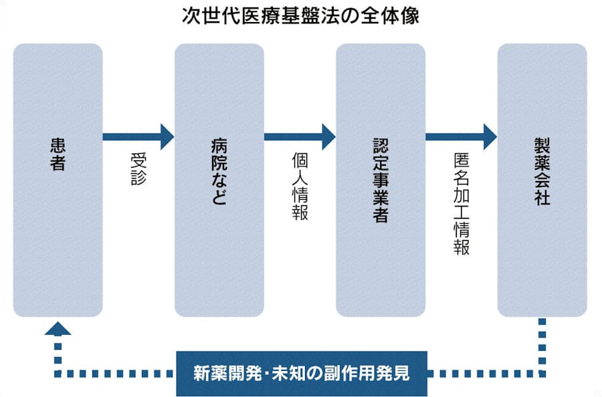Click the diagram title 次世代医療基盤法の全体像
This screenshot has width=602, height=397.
point(300,16)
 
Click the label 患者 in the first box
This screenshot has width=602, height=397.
point(58,154)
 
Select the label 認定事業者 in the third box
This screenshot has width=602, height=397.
point(380,180)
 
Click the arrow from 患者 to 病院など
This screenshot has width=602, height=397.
point(137,137)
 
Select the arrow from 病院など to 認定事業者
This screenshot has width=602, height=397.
point(299,137)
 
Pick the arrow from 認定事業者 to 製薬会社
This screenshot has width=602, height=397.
point(461,137)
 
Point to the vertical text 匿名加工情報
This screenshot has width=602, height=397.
point(461,203)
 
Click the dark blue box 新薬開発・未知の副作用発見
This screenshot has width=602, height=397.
point(301,373)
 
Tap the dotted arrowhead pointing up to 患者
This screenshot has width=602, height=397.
point(58,327)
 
